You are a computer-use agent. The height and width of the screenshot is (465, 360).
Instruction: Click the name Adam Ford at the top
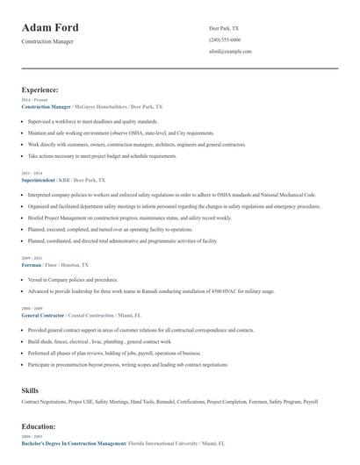pyautogui.click(x=50, y=27)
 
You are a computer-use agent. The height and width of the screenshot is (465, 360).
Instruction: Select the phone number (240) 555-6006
pyautogui.click(x=226, y=39)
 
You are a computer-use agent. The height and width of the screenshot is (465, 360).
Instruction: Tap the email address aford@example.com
pyautogui.click(x=230, y=51)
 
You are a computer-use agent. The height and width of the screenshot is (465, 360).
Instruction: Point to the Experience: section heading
pyautogui.click(x=40, y=89)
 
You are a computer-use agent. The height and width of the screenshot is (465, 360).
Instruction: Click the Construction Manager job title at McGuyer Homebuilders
pyautogui.click(x=46, y=106)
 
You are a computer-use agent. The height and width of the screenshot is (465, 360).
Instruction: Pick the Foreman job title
pyautogui.click(x=32, y=263)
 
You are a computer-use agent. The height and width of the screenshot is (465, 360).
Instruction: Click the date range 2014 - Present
pyautogui.click(x=33, y=100)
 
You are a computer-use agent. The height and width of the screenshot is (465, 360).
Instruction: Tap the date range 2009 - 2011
pyautogui.click(x=31, y=257)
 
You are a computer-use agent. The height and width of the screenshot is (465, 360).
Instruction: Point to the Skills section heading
pyautogui.click(x=31, y=389)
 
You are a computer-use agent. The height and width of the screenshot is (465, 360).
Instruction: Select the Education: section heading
pyautogui.click(x=39, y=426)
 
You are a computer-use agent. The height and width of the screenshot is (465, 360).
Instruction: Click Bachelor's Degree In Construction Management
pyautogui.click(x=74, y=444)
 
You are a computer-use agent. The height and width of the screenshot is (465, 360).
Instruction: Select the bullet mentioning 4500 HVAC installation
pyautogui.click(x=151, y=291)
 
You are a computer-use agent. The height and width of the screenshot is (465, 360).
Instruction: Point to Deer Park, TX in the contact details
pyautogui.click(x=224, y=28)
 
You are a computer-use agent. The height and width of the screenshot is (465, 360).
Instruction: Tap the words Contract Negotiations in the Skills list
pyautogui.click(x=46, y=401)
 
